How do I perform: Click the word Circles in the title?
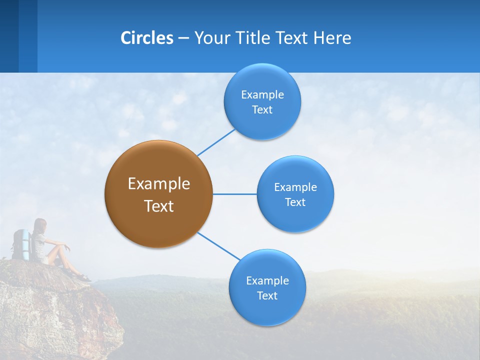coord(146,37)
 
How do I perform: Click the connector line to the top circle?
coord(216,142)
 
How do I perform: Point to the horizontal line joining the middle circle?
coord(234,194)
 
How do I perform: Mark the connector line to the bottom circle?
coord(219,246)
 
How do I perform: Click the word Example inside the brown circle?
coord(158,183)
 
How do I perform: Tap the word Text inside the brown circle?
coord(158,206)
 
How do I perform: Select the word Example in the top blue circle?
coord(262,94)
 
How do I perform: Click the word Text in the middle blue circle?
coord(295,202)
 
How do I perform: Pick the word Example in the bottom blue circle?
coord(267,280)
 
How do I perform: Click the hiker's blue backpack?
coord(21,244)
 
